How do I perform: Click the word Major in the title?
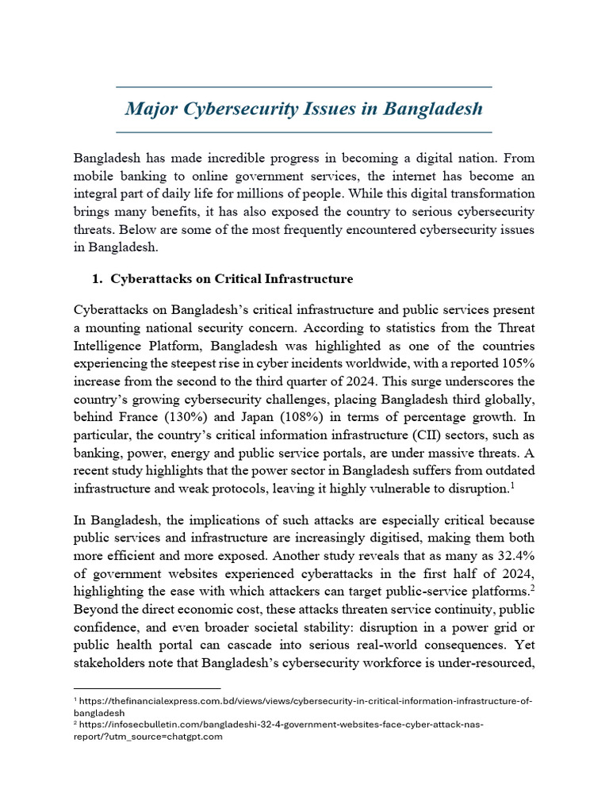pos(152,108)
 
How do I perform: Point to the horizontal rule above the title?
pos(304,86)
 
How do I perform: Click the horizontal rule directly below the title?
pos(304,131)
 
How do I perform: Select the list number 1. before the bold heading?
pos(98,279)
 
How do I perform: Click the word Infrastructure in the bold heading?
pos(311,279)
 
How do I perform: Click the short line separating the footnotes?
pos(147,688)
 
